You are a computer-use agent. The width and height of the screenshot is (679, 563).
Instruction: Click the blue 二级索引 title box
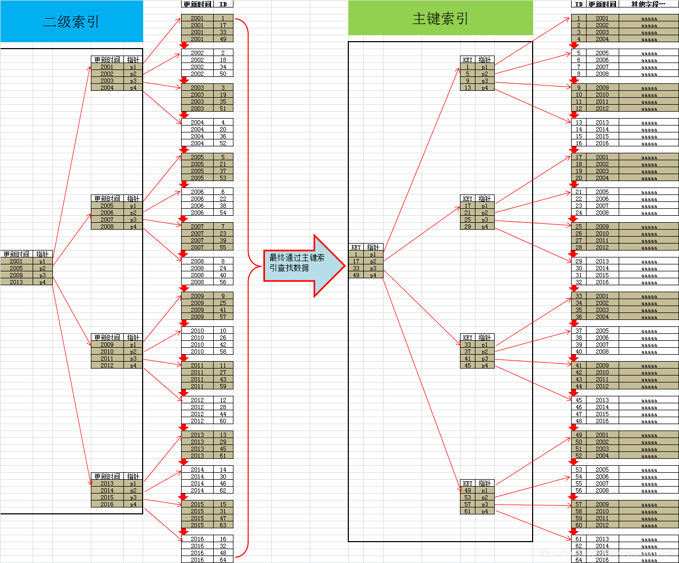pyautogui.click(x=72, y=21)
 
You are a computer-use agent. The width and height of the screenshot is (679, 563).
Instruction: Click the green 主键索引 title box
pyautogui.click(x=440, y=19)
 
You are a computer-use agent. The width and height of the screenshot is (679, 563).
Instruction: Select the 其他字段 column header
pyautogui.click(x=648, y=4)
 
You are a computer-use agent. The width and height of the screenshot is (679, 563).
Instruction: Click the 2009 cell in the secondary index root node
pyautogui.click(x=17, y=275)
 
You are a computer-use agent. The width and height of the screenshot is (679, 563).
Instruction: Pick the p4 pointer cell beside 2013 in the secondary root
pyautogui.click(x=43, y=282)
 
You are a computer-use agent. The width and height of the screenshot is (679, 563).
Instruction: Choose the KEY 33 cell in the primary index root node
pyautogui.click(x=356, y=268)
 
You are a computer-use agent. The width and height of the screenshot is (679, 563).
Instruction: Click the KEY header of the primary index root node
pyautogui.click(x=356, y=247)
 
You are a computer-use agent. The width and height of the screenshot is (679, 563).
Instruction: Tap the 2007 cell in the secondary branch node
pyautogui.click(x=107, y=220)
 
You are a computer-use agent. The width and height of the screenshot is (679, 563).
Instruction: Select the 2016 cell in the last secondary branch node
pyautogui.click(x=107, y=504)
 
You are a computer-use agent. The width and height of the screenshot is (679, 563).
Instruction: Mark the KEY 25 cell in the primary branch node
pyautogui.click(x=468, y=220)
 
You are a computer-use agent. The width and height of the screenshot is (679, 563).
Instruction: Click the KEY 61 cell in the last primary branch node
pyautogui.click(x=468, y=511)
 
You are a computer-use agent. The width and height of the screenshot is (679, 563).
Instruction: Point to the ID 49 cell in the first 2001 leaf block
pyautogui.click(x=223, y=39)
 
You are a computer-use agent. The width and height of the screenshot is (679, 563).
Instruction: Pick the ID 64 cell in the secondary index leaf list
pyautogui.click(x=223, y=560)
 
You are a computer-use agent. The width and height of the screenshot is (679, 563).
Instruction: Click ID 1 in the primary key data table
pyautogui.click(x=579, y=18)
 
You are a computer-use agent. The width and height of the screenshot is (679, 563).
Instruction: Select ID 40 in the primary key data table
pyautogui.click(x=579, y=351)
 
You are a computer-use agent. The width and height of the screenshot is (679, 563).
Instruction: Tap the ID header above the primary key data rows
pyautogui.click(x=579, y=4)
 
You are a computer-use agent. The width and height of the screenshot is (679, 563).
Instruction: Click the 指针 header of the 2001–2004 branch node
pyautogui.click(x=133, y=60)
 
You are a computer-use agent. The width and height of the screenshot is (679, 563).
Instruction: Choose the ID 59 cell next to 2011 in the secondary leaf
pyautogui.click(x=223, y=386)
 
